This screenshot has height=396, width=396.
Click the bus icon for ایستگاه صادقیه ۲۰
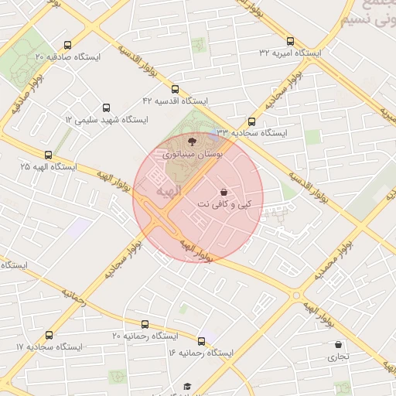pos(67,46)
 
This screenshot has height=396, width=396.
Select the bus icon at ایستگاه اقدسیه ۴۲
pos(175,89)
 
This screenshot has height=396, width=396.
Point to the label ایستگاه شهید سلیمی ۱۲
pos(105,119)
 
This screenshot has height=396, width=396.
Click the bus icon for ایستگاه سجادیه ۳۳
pos(251,121)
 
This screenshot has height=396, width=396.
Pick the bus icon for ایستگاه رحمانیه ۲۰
pos(145,324)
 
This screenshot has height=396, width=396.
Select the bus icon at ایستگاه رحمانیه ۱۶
pos(202,341)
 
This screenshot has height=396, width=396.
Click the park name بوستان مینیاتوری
pos(192,155)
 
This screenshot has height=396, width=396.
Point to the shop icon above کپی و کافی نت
pos(224,192)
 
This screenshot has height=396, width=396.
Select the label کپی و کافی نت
pos(224,205)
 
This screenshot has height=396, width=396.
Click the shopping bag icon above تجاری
pos(337,344)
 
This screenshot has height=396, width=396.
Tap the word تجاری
pos(337,357)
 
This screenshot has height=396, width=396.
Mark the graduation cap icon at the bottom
pos(186,386)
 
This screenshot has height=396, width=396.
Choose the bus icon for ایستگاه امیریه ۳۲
pos(291,41)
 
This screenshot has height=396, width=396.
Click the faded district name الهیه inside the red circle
pos(168,189)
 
